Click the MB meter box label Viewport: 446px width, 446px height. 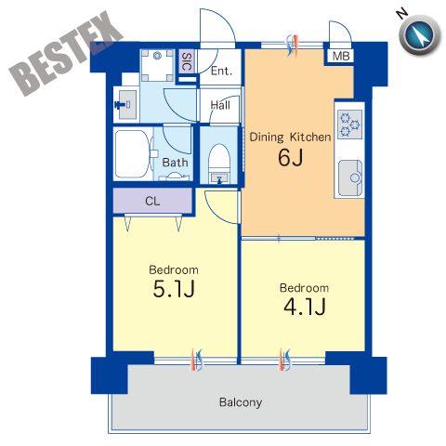pyautogui.click(x=341, y=56)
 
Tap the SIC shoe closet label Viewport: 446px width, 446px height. pyautogui.click(x=187, y=61)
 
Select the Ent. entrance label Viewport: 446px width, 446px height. pyautogui.click(x=221, y=71)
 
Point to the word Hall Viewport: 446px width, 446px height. pyautogui.click(x=220, y=105)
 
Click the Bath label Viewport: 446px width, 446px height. pyautogui.click(x=175, y=163)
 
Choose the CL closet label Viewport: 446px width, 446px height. pyautogui.click(x=152, y=202)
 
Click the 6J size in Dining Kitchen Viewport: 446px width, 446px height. pyautogui.click(x=290, y=158)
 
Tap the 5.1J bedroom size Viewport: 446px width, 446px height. pyautogui.click(x=174, y=289)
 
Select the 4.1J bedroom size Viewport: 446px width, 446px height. pyautogui.click(x=305, y=307)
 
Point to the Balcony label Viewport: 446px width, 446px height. pyautogui.click(x=241, y=402)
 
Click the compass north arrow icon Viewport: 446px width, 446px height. pyautogui.click(x=420, y=34)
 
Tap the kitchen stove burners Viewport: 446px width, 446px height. pyautogui.click(x=349, y=125)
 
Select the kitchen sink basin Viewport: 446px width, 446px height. pyautogui.click(x=350, y=177)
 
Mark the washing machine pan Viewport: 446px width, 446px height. pyautogui.click(x=157, y=65)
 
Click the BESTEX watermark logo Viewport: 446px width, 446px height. pyautogui.click(x=66, y=54)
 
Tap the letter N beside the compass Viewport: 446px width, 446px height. pyautogui.click(x=401, y=14)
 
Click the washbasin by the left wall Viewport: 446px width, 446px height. pyautogui.click(x=127, y=104)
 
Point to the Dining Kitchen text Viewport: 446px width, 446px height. pyautogui.click(x=290, y=138)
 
